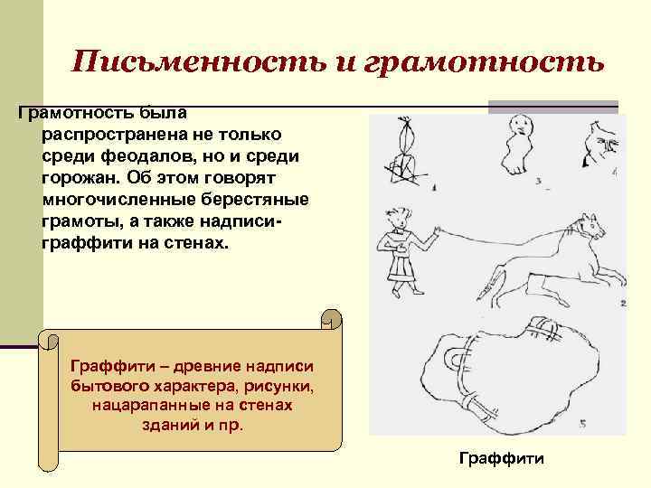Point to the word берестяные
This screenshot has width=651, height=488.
coord(253,198)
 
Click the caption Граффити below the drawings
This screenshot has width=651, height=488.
coord(502,459)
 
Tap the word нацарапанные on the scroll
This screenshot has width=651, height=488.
coord(146,406)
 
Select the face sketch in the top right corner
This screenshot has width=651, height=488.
coord(601,143)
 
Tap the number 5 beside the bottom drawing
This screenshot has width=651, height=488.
coord(583,422)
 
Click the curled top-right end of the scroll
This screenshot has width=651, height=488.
coord(331,318)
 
